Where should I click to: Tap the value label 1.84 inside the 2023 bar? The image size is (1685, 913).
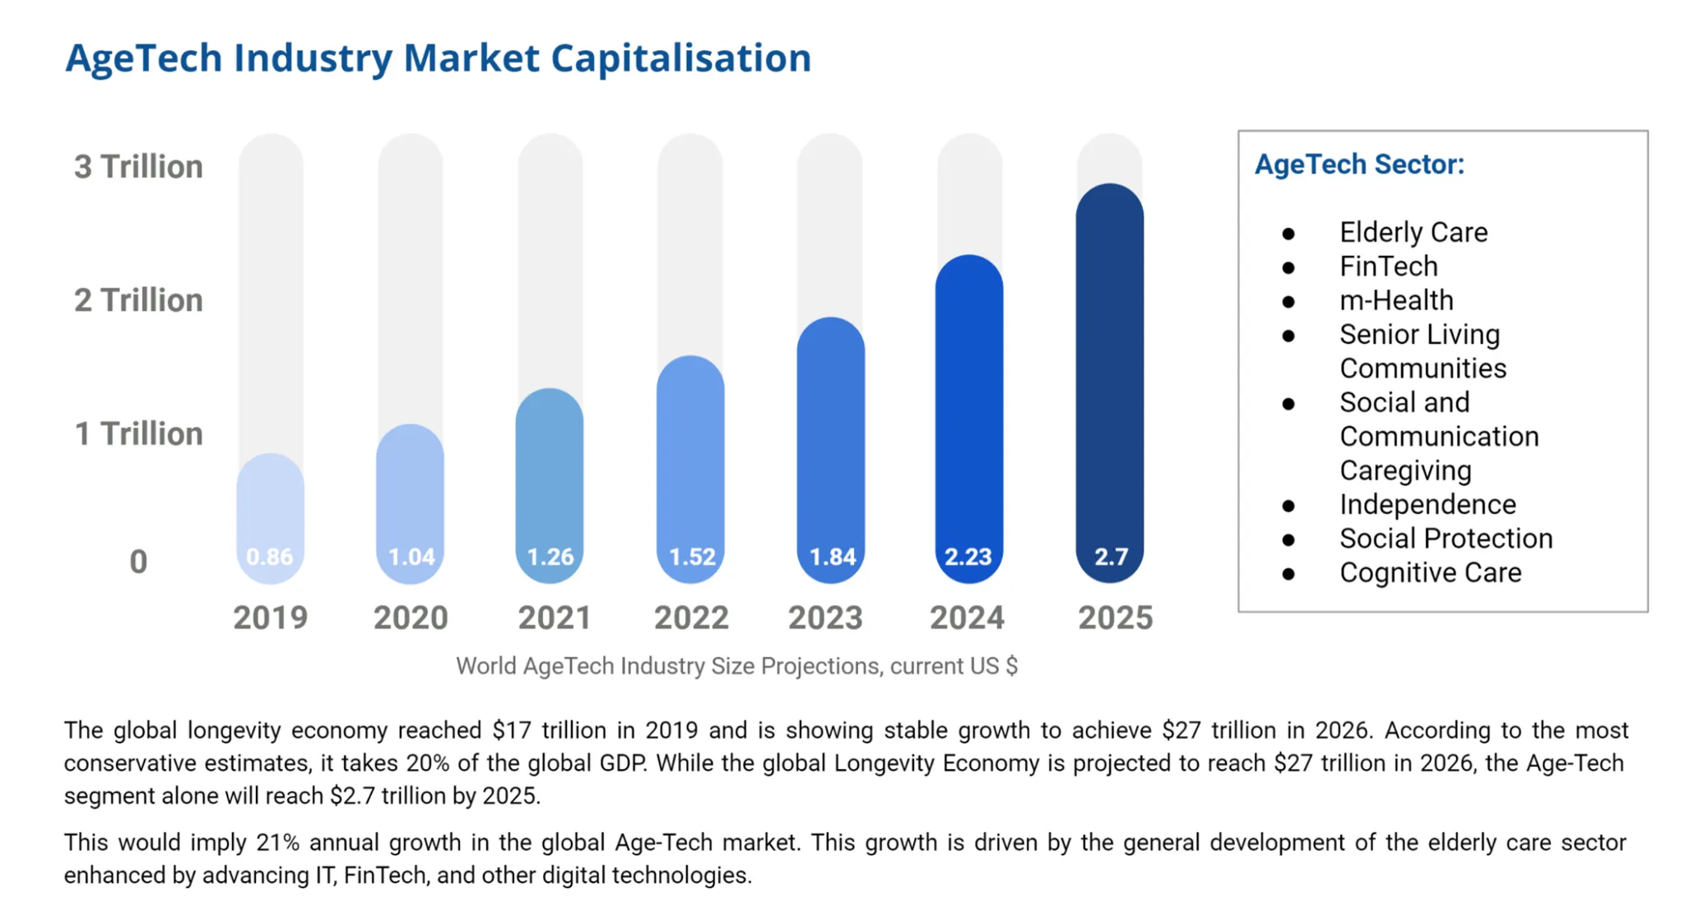pos(833,557)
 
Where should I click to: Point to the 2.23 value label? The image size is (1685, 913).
pos(968,557)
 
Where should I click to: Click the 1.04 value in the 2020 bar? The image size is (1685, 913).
pos(411,557)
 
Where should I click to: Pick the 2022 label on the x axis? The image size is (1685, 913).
pos(691,618)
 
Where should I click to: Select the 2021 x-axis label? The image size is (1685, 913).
pos(554,618)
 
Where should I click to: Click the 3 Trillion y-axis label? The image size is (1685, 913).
pos(138,166)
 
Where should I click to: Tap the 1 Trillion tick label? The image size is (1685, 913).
pos(138,433)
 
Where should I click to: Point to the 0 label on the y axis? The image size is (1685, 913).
pos(138,562)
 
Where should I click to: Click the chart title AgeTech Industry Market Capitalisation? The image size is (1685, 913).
pos(438,58)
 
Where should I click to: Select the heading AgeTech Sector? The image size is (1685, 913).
pos(1359,165)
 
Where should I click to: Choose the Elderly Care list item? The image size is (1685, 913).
pos(1413,233)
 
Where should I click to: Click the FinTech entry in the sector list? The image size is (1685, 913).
pos(1389,266)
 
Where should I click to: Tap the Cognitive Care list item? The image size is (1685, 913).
pos(1430,572)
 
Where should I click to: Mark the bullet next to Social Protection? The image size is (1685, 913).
pos(1288,540)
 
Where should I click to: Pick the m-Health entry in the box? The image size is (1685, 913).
pos(1396,300)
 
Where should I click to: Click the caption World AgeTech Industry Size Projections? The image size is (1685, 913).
pos(736,665)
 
